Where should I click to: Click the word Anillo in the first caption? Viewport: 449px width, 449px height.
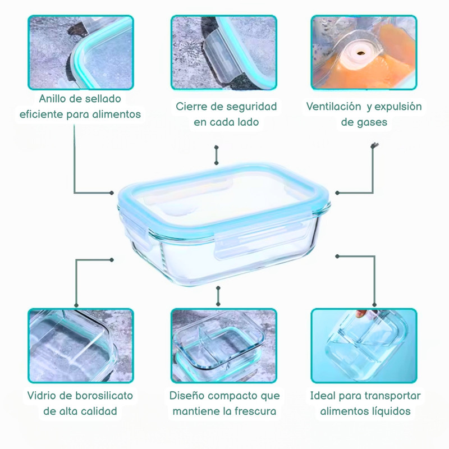click(52, 99)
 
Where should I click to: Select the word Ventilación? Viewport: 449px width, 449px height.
click(333, 107)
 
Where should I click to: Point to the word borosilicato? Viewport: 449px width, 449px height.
click(104, 396)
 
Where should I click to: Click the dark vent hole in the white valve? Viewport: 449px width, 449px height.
click(360, 53)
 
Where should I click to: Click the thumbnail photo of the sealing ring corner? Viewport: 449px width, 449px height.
click(81, 52)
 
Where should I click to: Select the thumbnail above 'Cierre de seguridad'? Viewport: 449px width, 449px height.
click(224, 52)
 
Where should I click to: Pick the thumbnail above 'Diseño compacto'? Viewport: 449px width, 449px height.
click(224, 346)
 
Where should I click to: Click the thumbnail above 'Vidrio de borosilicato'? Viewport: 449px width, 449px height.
click(81, 346)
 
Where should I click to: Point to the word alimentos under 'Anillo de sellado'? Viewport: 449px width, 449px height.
click(121, 114)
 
